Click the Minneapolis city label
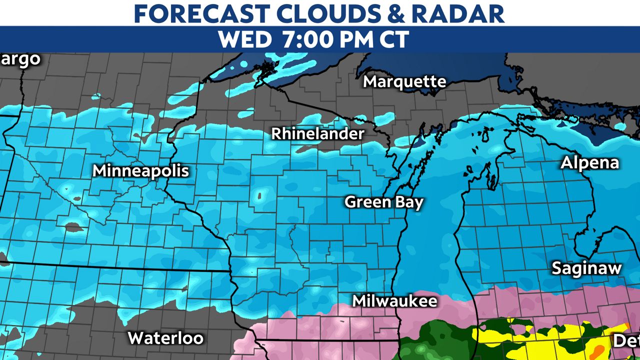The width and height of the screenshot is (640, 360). tap(140, 171)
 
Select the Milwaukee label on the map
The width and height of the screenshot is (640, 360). tap(394, 301)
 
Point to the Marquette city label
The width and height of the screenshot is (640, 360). tap(404, 81)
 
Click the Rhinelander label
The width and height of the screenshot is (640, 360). tap(317, 134)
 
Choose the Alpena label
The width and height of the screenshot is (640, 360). tap(589, 163)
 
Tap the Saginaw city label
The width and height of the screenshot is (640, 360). tap(586, 268)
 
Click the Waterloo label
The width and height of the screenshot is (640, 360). tap(165, 338)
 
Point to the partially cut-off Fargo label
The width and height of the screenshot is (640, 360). tap(20, 59)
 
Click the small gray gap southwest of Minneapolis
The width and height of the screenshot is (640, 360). tap(74, 227)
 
